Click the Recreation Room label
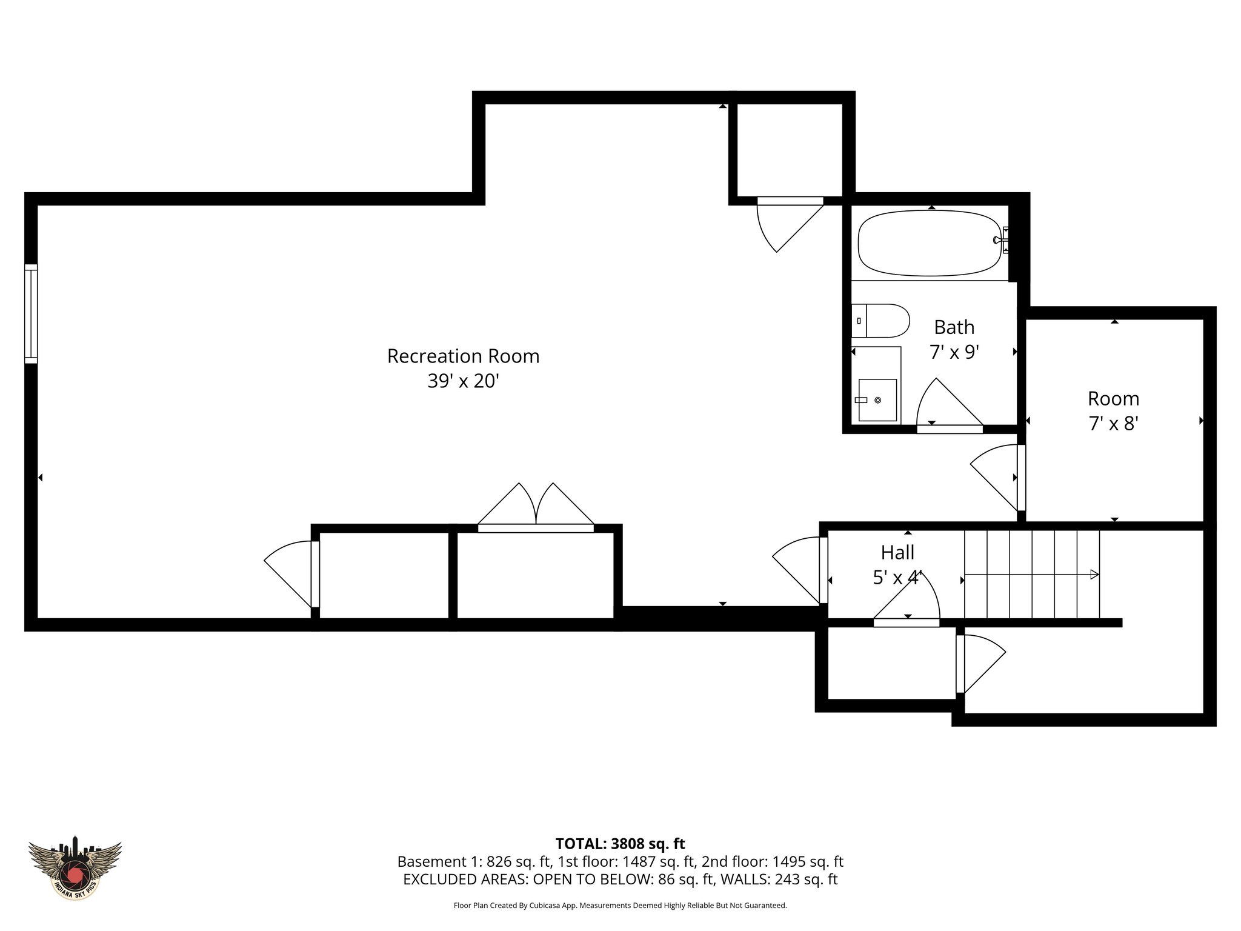click(463, 356)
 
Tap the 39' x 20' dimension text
click(463, 381)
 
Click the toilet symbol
click(881, 321)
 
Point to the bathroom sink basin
click(877, 400)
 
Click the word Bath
click(954, 327)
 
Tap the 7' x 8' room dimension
click(1113, 424)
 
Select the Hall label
click(897, 552)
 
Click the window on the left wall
click(31, 314)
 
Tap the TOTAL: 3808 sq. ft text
click(620, 844)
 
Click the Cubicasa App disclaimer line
click(620, 906)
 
